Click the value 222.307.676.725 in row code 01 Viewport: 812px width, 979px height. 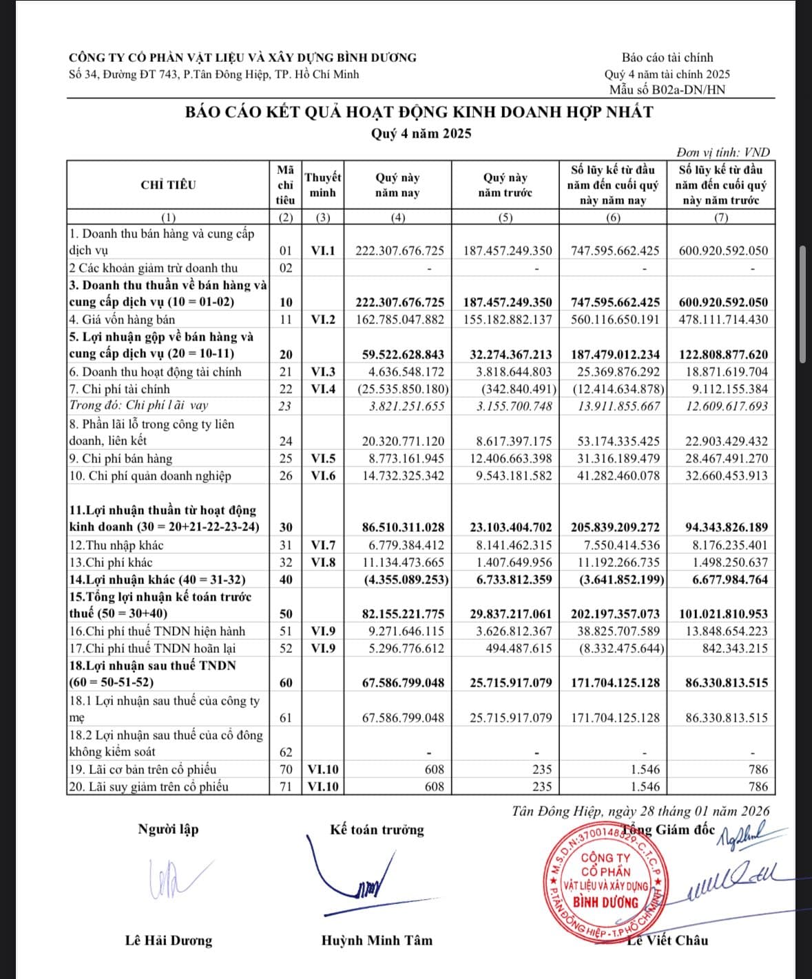(399, 250)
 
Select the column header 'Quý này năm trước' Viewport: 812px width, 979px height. (505, 185)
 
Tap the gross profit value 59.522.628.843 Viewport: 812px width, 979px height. (403, 354)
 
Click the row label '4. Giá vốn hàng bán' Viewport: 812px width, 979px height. (122, 319)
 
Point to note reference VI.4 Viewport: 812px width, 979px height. (323, 389)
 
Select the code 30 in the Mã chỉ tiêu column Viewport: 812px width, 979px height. (286, 527)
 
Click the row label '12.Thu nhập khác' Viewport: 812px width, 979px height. (116, 545)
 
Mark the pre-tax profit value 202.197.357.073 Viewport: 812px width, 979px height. (615, 614)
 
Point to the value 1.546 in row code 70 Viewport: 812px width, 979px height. (645, 769)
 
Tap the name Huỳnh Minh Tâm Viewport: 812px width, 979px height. (377, 940)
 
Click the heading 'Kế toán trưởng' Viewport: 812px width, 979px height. (377, 830)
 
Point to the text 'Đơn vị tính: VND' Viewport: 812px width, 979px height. (722, 153)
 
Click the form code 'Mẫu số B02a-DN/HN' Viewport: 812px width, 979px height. (667, 89)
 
